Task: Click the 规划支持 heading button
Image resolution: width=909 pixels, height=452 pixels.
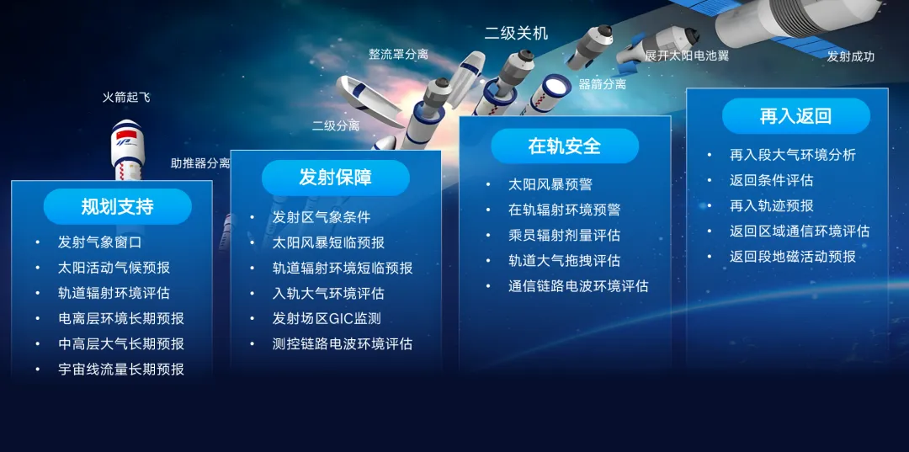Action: click(x=117, y=206)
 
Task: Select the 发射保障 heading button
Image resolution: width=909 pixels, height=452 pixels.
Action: click(x=335, y=178)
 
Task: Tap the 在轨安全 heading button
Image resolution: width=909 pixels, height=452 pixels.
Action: click(x=564, y=146)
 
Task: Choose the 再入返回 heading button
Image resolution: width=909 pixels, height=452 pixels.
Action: click(x=795, y=116)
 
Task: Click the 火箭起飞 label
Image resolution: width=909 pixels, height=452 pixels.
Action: click(x=126, y=98)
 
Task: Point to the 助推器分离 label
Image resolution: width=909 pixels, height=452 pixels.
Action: click(x=200, y=163)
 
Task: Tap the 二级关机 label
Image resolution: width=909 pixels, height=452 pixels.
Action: click(x=516, y=34)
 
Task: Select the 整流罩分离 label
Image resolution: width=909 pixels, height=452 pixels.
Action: click(x=398, y=55)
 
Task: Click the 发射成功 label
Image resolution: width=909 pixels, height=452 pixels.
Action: click(x=850, y=56)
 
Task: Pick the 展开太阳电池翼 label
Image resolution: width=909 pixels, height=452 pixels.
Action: click(x=687, y=56)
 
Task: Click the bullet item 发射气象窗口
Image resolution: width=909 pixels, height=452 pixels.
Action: click(x=99, y=242)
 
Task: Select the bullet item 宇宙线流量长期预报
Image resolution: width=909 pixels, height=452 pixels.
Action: click(x=120, y=369)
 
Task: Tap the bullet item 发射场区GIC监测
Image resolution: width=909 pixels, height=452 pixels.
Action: click(x=327, y=318)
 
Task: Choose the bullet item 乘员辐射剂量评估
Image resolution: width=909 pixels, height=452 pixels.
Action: click(x=564, y=236)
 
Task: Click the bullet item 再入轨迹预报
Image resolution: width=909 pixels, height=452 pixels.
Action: click(x=771, y=205)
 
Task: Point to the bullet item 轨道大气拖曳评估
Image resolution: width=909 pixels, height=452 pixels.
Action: click(x=564, y=261)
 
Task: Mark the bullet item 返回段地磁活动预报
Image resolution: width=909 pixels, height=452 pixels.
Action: click(x=792, y=256)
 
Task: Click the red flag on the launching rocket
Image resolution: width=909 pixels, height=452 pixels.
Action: click(x=124, y=135)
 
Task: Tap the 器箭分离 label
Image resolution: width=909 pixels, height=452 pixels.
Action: click(x=602, y=84)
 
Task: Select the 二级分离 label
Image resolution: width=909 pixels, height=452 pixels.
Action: click(x=336, y=125)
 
